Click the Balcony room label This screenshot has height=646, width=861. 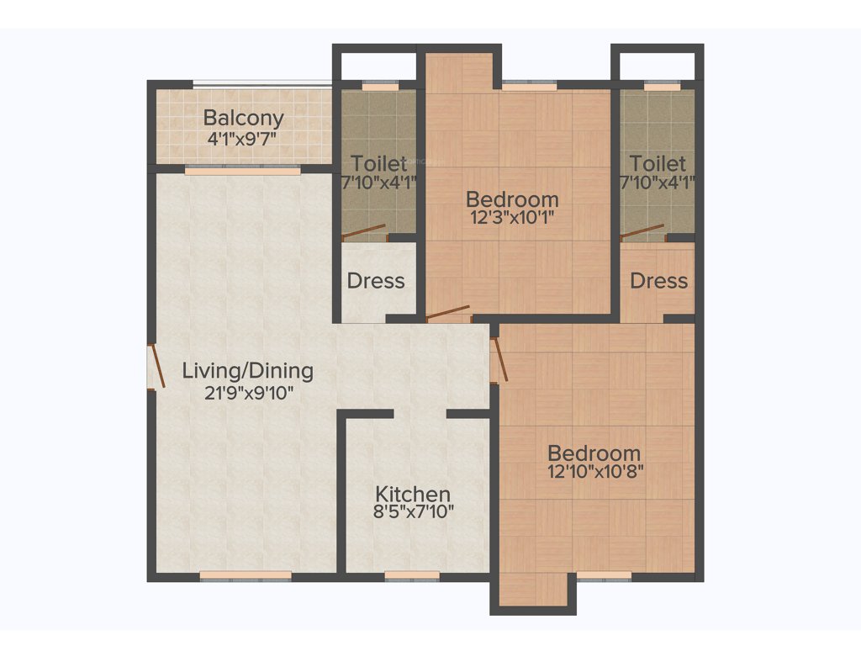[243, 118]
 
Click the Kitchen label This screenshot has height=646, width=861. [413, 494]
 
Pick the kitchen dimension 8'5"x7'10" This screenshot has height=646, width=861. [413, 511]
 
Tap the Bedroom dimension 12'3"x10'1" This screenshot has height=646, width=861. [512, 217]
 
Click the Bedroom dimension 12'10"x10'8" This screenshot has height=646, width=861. [594, 472]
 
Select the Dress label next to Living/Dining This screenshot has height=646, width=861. [376, 281]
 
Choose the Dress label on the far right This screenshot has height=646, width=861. [658, 281]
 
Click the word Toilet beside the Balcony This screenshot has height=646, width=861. [379, 162]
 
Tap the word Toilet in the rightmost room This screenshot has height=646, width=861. [658, 162]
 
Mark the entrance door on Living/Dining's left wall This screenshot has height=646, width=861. [155, 368]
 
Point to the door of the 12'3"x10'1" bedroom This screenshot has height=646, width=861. [448, 315]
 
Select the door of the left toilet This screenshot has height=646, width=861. [364, 232]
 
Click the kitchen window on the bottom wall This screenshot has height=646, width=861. [412, 576]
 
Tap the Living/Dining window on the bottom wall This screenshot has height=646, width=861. [246, 576]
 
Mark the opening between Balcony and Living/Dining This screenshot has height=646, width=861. [243, 170]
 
